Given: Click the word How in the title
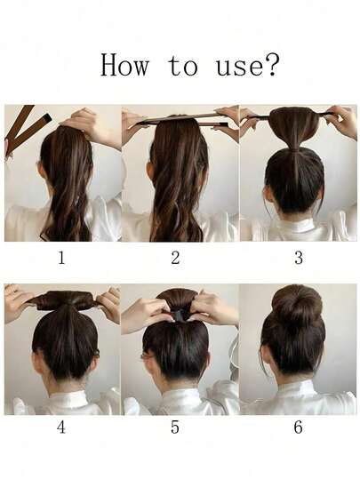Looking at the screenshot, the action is [x=124, y=65].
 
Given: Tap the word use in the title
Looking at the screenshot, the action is [x=239, y=68].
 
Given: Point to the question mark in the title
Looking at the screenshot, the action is [x=271, y=64].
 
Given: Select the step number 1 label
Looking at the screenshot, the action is [x=61, y=258].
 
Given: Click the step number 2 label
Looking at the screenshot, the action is [x=175, y=258].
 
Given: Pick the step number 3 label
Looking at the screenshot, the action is [x=299, y=258].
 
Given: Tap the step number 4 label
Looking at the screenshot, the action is [x=61, y=427].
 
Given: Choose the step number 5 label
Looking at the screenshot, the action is [x=175, y=427].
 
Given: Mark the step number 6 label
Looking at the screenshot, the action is [x=299, y=427].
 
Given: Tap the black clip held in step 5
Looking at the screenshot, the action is [x=179, y=315].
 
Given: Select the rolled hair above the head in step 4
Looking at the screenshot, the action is [x=67, y=299].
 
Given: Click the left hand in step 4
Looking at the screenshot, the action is [x=17, y=301].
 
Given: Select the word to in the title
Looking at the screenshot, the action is [x=182, y=66].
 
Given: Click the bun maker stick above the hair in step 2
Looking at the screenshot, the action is [x=180, y=118].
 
